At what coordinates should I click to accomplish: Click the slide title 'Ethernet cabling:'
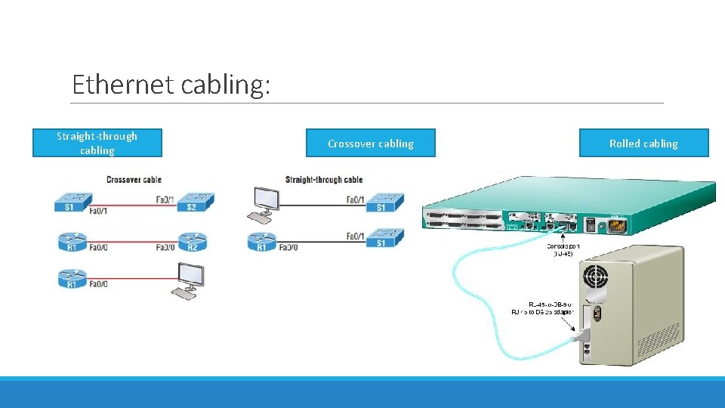pos(171,84)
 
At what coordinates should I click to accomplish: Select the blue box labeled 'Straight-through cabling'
pos(97,143)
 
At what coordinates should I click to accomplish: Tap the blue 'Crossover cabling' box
pos(370,143)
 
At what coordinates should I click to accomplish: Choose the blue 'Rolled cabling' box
pos(643,143)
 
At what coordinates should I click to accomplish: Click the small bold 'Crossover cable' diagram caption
pos(134,180)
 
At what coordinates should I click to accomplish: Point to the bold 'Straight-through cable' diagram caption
pos(324,180)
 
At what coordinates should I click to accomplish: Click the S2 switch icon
pos(195,202)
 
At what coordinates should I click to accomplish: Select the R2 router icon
pos(192,241)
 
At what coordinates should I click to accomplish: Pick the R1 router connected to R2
pos(72,241)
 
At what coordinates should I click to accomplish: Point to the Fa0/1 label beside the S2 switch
pos(165,199)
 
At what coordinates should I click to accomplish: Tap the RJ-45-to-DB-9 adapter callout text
pos(542,308)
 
